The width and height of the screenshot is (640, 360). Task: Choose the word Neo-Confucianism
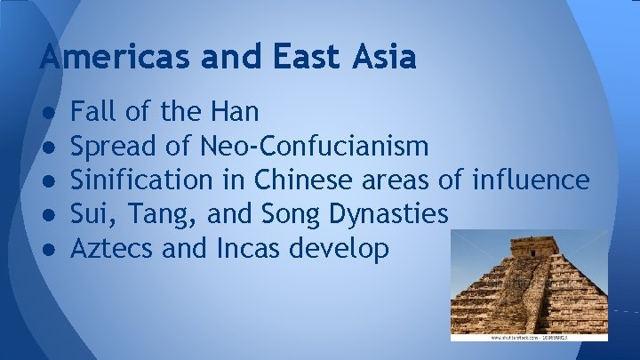316,146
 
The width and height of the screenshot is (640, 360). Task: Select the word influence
531,180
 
